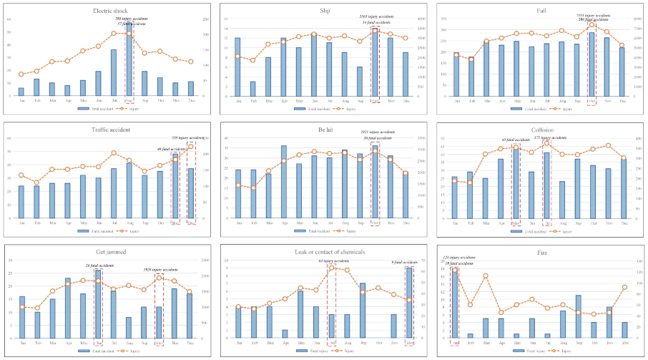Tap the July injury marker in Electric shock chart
point(114,33)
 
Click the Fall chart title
point(541,11)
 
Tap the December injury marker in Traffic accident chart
point(191,146)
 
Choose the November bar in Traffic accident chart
point(175,185)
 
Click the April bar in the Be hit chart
point(283,182)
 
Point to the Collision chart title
point(541,132)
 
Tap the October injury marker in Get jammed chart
point(159,278)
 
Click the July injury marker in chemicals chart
point(332,268)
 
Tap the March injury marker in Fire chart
point(486,276)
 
